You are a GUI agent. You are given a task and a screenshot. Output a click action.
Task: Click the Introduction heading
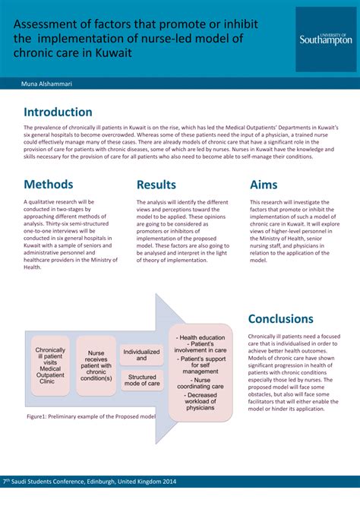point(58,112)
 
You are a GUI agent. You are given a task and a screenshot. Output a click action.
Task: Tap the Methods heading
point(49,185)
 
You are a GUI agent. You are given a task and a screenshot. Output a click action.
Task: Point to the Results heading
point(156,185)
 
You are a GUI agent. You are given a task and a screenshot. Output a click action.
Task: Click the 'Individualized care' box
point(141,356)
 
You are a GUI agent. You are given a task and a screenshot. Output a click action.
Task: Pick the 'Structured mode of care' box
point(141,381)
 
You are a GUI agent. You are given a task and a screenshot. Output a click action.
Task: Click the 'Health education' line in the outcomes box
point(201,337)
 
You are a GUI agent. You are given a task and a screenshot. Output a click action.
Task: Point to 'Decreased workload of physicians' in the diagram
point(201,401)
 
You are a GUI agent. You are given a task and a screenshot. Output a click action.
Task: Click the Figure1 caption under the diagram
point(91,417)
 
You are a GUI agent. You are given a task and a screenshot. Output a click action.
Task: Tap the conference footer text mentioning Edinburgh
point(90,481)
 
